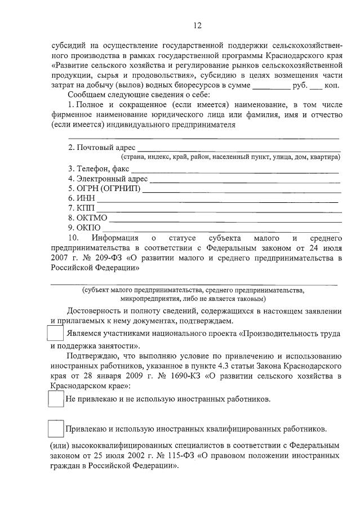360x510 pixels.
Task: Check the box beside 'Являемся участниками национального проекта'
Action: coord(55,334)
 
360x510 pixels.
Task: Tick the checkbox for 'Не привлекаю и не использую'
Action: coord(55,398)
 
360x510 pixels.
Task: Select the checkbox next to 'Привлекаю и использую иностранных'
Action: coord(55,429)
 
